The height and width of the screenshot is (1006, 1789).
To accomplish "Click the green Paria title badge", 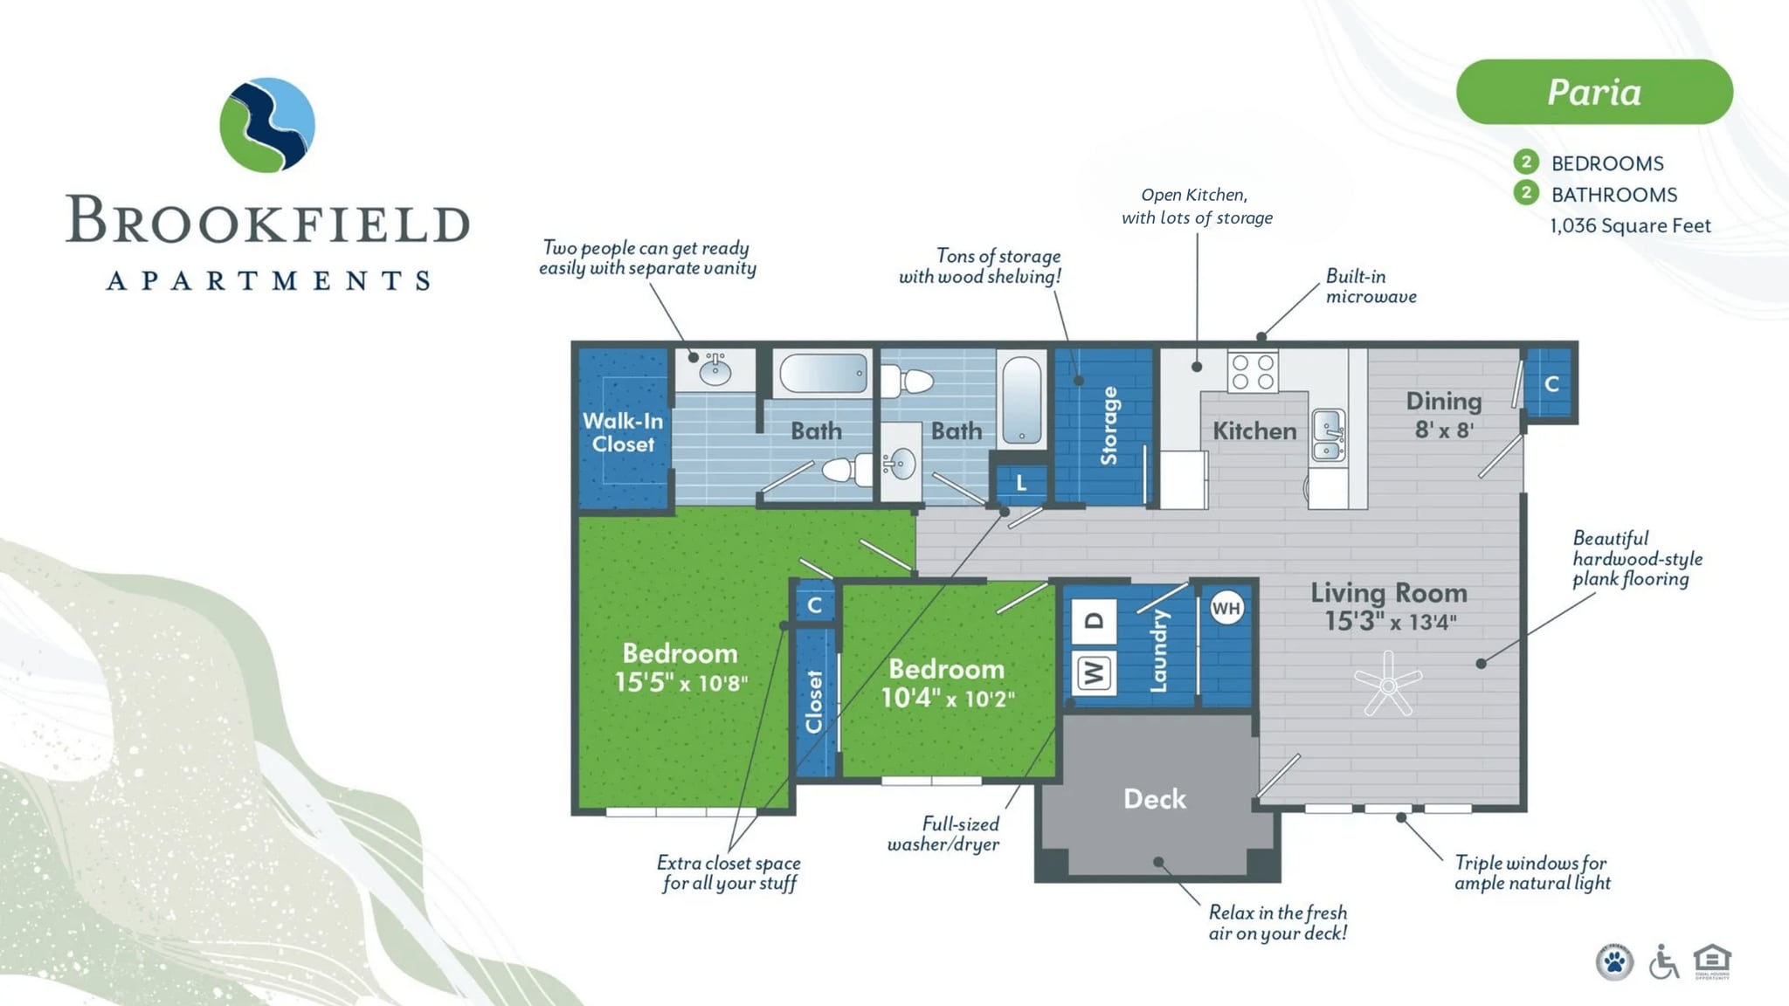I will click(1594, 92).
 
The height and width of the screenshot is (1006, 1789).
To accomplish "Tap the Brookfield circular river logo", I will click(267, 125).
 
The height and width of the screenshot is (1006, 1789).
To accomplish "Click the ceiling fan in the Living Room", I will click(1387, 683).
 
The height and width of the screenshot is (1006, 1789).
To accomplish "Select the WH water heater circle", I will click(1226, 609).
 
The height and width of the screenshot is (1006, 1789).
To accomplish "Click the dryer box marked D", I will click(1094, 621).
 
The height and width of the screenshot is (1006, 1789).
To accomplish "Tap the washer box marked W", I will click(1094, 672).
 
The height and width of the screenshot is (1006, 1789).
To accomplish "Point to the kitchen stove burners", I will click(1253, 371).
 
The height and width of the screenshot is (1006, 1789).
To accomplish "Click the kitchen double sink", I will click(1328, 434).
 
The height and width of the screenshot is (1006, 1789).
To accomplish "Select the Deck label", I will click(1155, 799).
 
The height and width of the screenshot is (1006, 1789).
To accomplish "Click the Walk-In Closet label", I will click(623, 432).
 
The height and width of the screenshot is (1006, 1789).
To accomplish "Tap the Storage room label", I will click(1109, 425).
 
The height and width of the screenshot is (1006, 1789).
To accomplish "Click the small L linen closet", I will click(1021, 483).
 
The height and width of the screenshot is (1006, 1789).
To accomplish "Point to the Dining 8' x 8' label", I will click(1444, 415).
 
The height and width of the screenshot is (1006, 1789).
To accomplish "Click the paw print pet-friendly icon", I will click(1614, 963).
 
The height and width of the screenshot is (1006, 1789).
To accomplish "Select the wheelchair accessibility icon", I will click(1663, 962).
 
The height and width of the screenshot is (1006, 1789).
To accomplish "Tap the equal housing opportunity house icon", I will click(1712, 961).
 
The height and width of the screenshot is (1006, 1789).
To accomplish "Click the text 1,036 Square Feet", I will click(1630, 226).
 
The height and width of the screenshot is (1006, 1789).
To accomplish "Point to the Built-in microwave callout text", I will click(1371, 286).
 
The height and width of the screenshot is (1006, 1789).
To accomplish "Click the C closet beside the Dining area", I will click(1551, 384).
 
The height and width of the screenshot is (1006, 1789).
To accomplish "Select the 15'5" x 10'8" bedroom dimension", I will click(681, 682).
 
